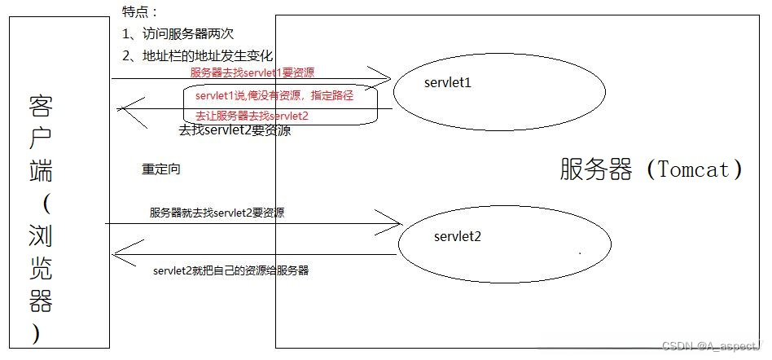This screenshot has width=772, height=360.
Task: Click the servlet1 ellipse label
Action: [448, 83]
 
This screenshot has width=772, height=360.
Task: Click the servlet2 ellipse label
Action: [457, 237]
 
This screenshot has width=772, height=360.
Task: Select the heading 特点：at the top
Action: [139, 12]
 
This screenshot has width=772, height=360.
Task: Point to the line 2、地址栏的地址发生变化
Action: [196, 56]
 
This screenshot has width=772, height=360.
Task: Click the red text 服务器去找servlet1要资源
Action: [252, 72]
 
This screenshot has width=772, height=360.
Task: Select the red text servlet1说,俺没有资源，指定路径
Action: [274, 95]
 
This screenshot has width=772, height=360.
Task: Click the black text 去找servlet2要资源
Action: [235, 130]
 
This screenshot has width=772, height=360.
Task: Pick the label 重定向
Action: [161, 169]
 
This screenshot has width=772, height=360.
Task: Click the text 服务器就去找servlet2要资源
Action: [217, 213]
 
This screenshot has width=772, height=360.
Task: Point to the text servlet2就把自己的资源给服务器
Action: [230, 270]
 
